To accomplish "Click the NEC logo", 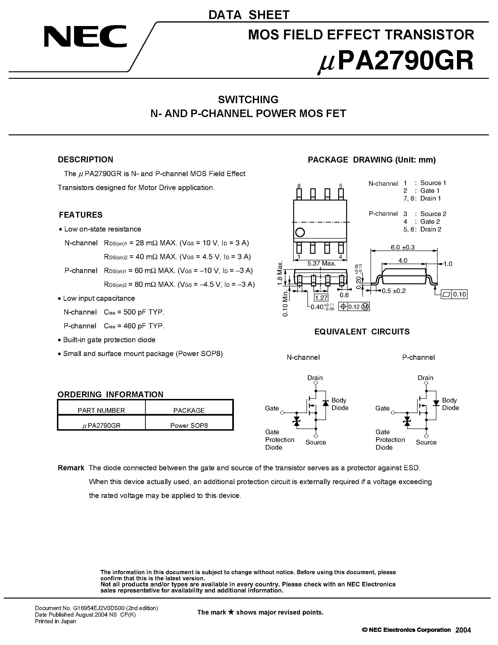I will click(x=85, y=36).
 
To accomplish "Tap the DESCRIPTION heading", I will click(x=85, y=159).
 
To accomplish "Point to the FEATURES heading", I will click(x=81, y=215).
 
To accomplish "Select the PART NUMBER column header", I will click(x=101, y=410).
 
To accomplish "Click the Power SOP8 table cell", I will click(x=189, y=425).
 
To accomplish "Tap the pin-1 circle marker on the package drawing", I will click(x=300, y=232).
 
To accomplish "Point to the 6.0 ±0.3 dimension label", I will click(x=402, y=247).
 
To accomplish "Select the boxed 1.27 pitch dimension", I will click(x=321, y=298).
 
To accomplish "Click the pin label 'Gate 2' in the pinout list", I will click(x=430, y=221).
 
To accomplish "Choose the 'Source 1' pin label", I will click(x=433, y=183).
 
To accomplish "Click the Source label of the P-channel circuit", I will click(x=426, y=442).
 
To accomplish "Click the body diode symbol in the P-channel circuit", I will click(x=436, y=403).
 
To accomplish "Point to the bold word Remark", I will click(x=71, y=468).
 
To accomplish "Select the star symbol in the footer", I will click(x=231, y=612).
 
